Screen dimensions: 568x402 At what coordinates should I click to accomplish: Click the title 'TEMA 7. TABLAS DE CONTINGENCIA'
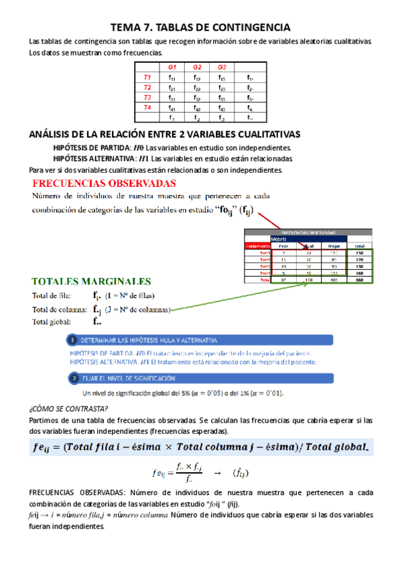click(x=200, y=27)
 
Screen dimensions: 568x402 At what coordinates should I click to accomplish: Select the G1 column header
click(x=172, y=68)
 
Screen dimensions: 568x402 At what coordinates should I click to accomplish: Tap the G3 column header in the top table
click(x=222, y=68)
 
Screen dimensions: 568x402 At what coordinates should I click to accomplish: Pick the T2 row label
click(x=147, y=88)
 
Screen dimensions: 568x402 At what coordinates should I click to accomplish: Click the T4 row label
click(x=147, y=107)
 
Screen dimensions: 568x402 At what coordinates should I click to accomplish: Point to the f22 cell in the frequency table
click(x=197, y=88)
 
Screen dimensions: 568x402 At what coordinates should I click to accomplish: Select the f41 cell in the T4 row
click(x=172, y=107)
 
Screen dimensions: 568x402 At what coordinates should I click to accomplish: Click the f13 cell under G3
click(x=222, y=78)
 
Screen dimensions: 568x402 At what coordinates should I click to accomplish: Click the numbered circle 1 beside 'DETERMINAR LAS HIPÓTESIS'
click(x=74, y=340)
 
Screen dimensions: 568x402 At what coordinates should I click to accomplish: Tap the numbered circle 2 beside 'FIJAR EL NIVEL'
click(x=74, y=378)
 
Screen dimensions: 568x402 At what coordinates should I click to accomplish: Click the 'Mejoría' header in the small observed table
click(x=261, y=238)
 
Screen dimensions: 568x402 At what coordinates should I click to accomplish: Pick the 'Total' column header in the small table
click(x=359, y=246)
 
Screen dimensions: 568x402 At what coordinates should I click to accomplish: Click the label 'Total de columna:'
click(x=58, y=309)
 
